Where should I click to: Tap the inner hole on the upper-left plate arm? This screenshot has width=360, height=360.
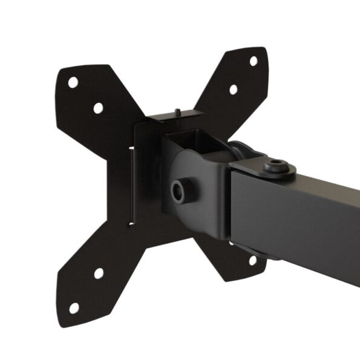98,108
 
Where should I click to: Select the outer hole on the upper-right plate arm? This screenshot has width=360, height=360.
254,61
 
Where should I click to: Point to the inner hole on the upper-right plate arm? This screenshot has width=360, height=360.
233,90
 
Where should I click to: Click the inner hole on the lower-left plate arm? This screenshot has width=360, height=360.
99,273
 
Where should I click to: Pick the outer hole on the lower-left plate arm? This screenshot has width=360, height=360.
74,308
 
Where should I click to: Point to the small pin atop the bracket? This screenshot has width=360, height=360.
177,112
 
